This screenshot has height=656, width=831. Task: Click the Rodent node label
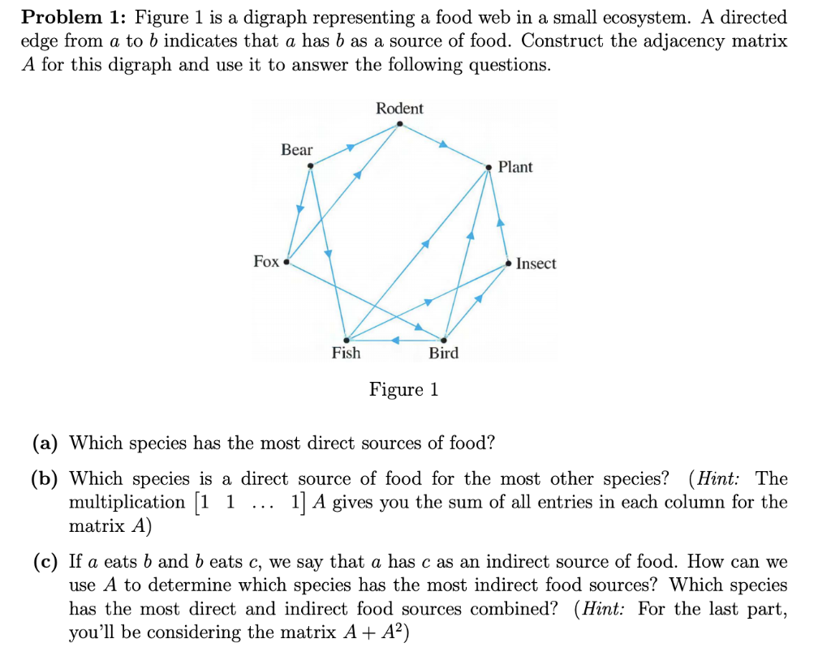click(x=399, y=109)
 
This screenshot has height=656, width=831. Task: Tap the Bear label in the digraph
click(x=296, y=150)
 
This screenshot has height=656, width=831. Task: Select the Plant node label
click(x=515, y=167)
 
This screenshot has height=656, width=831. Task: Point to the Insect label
click(x=536, y=264)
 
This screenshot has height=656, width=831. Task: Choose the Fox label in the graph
click(x=266, y=261)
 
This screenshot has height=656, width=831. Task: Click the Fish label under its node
click(x=347, y=353)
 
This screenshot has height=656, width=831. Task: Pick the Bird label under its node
click(x=444, y=353)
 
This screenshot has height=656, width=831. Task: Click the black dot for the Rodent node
click(x=398, y=124)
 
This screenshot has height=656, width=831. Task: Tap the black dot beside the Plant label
click(x=489, y=168)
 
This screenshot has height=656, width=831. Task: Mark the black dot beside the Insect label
click(x=508, y=264)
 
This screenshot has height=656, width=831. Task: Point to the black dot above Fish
click(x=347, y=339)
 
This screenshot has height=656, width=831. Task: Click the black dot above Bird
click(x=444, y=339)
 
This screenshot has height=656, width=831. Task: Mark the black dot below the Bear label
click(x=310, y=167)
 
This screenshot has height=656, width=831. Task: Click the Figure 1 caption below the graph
click(x=403, y=390)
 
